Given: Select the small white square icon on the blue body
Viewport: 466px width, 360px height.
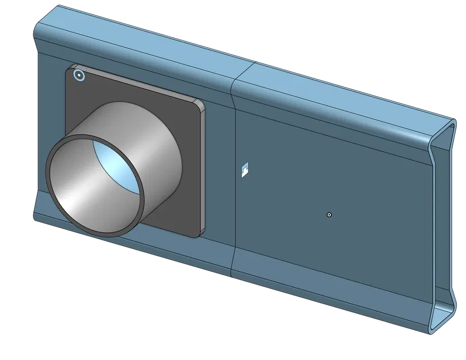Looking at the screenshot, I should (x=245, y=169).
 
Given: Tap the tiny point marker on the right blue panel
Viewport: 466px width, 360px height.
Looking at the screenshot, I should (x=329, y=214).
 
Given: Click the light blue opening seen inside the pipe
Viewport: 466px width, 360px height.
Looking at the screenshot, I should (x=118, y=167).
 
